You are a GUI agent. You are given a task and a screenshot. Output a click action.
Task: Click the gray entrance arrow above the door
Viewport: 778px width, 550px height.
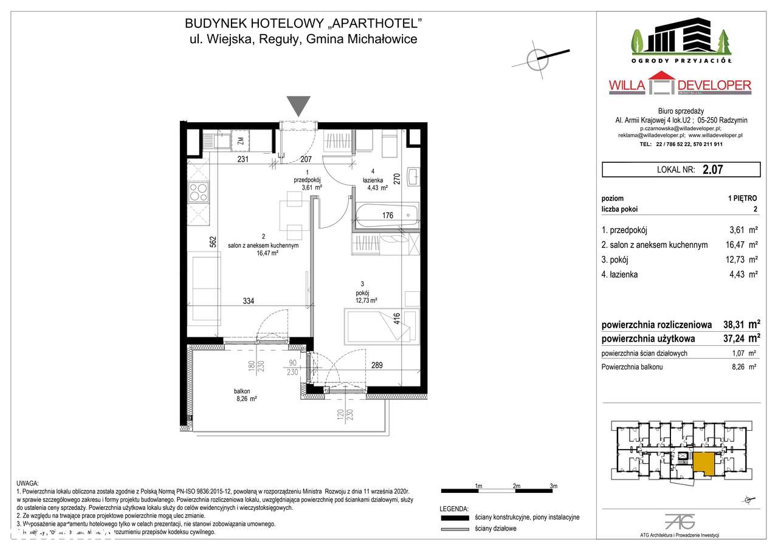coord(298,105)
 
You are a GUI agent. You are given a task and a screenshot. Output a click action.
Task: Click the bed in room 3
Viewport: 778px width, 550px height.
coord(381,326)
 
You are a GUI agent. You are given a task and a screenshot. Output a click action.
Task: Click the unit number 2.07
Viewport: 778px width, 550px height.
coord(712,170)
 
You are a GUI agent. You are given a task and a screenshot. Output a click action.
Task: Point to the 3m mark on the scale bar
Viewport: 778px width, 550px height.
coord(553,486)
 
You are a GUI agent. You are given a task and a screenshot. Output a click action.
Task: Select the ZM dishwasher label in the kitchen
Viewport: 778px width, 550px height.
coord(241,142)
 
